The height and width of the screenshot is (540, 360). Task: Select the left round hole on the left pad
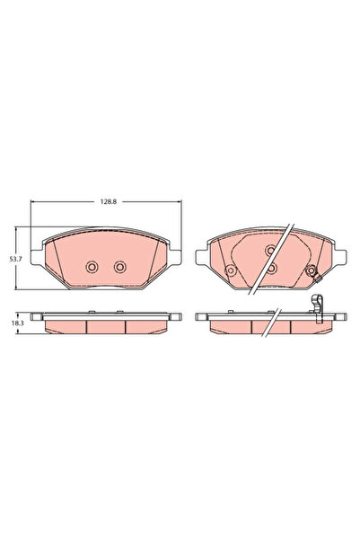(x=91, y=266)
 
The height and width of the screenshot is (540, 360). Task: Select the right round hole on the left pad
(x=120, y=266)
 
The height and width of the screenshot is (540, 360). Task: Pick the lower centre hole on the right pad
(x=269, y=267)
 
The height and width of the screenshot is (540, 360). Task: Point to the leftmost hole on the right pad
(x=229, y=272)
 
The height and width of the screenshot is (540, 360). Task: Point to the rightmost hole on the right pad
(x=311, y=272)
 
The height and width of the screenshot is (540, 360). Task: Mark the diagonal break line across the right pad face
(x=270, y=256)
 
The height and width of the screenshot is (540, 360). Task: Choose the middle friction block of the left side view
(x=106, y=326)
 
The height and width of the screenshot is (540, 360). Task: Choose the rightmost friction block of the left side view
(x=144, y=326)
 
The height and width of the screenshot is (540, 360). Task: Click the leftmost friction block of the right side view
(x=231, y=326)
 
